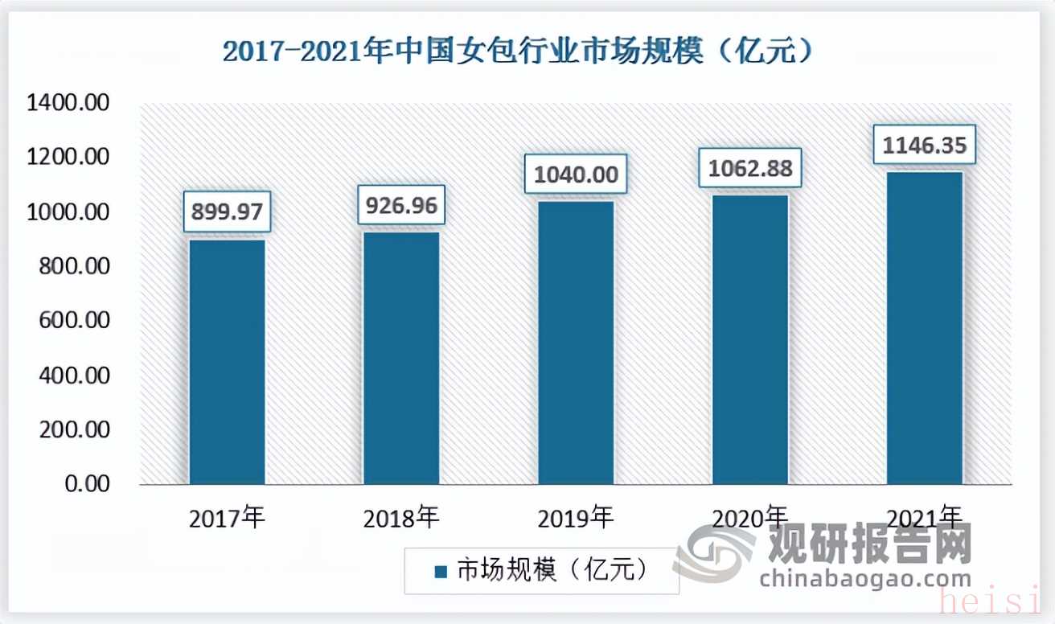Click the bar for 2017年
[227, 362]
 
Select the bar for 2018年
[401, 358]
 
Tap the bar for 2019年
[576, 343]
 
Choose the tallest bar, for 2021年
[925, 328]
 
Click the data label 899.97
[227, 212]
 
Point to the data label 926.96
[401, 207]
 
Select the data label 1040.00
[576, 174]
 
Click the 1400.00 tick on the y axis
[68, 104]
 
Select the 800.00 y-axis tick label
[74, 267]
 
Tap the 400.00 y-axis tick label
[74, 376]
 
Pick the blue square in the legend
[440, 572]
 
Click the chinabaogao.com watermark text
[864, 578]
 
